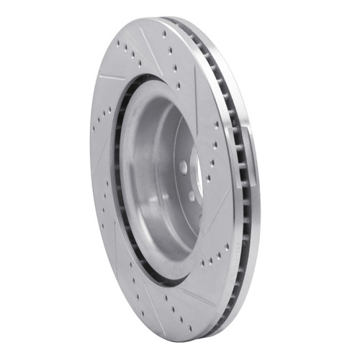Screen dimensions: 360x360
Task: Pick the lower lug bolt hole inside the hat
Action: click(x=192, y=196)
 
